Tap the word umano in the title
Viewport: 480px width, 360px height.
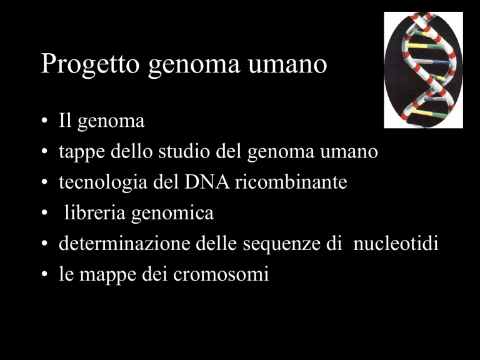[287, 64]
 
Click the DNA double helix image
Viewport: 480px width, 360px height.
[423, 70]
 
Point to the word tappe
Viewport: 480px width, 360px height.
[82, 152]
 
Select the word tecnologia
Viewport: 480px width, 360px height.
[103, 183]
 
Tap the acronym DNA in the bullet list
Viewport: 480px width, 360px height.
[207, 182]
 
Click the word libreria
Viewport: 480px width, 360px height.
[95, 212]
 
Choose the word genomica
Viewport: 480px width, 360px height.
[172, 214]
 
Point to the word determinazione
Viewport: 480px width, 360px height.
[124, 243]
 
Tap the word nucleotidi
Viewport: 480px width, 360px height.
[396, 243]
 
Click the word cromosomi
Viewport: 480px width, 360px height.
[221, 274]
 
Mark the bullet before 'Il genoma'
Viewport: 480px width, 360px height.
[45, 120]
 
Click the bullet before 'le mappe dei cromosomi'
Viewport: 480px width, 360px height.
[45, 274]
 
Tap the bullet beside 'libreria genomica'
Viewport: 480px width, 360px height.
[45, 212]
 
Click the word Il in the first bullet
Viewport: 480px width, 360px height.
[65, 120]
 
